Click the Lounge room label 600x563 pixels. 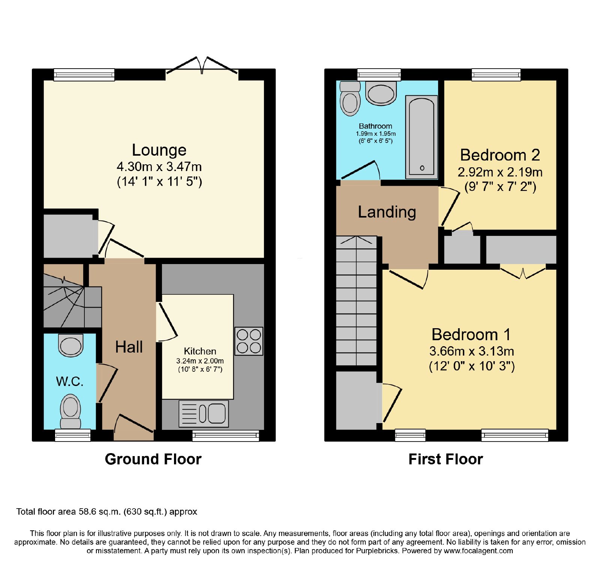pyautogui.click(x=159, y=150)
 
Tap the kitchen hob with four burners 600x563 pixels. pyautogui.click(x=249, y=341)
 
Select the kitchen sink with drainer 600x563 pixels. pyautogui.click(x=204, y=414)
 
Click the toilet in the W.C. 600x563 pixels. pyautogui.click(x=70, y=411)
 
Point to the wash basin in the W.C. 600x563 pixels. pyautogui.click(x=70, y=345)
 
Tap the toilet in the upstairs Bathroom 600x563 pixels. pyautogui.click(x=350, y=99)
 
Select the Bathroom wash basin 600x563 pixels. pyautogui.click(x=381, y=93)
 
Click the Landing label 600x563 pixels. pyautogui.click(x=387, y=212)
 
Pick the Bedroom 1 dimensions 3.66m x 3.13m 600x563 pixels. pyautogui.click(x=472, y=351)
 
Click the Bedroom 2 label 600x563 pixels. pyautogui.click(x=500, y=155)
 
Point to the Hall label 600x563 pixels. pyautogui.click(x=129, y=347)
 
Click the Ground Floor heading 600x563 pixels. pyautogui.click(x=153, y=459)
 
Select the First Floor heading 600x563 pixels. pyautogui.click(x=445, y=459)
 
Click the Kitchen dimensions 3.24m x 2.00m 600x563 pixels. pyautogui.click(x=200, y=361)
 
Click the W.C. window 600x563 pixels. pyautogui.click(x=73, y=435)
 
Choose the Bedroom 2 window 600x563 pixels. pyautogui.click(x=496, y=74)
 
